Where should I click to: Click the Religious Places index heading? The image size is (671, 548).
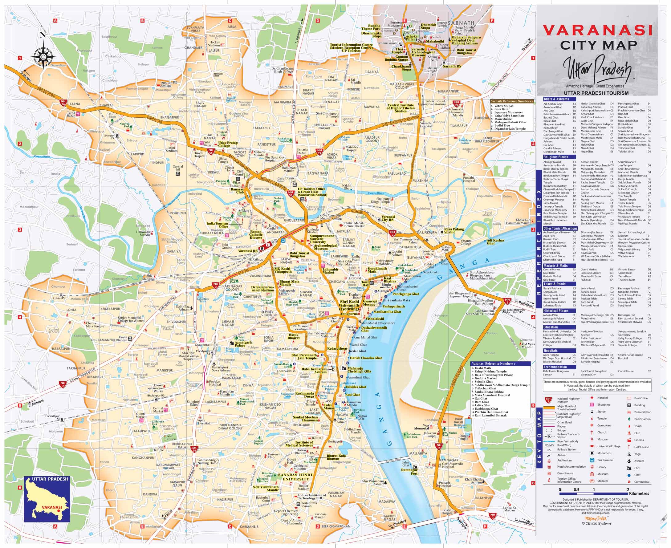(x=556, y=157)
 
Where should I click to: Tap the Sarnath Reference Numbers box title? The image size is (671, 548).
(x=512, y=101)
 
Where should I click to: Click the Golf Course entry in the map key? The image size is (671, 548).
(x=642, y=447)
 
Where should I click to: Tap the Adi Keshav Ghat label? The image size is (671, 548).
(x=495, y=242)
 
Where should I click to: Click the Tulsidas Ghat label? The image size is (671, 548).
(x=356, y=387)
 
